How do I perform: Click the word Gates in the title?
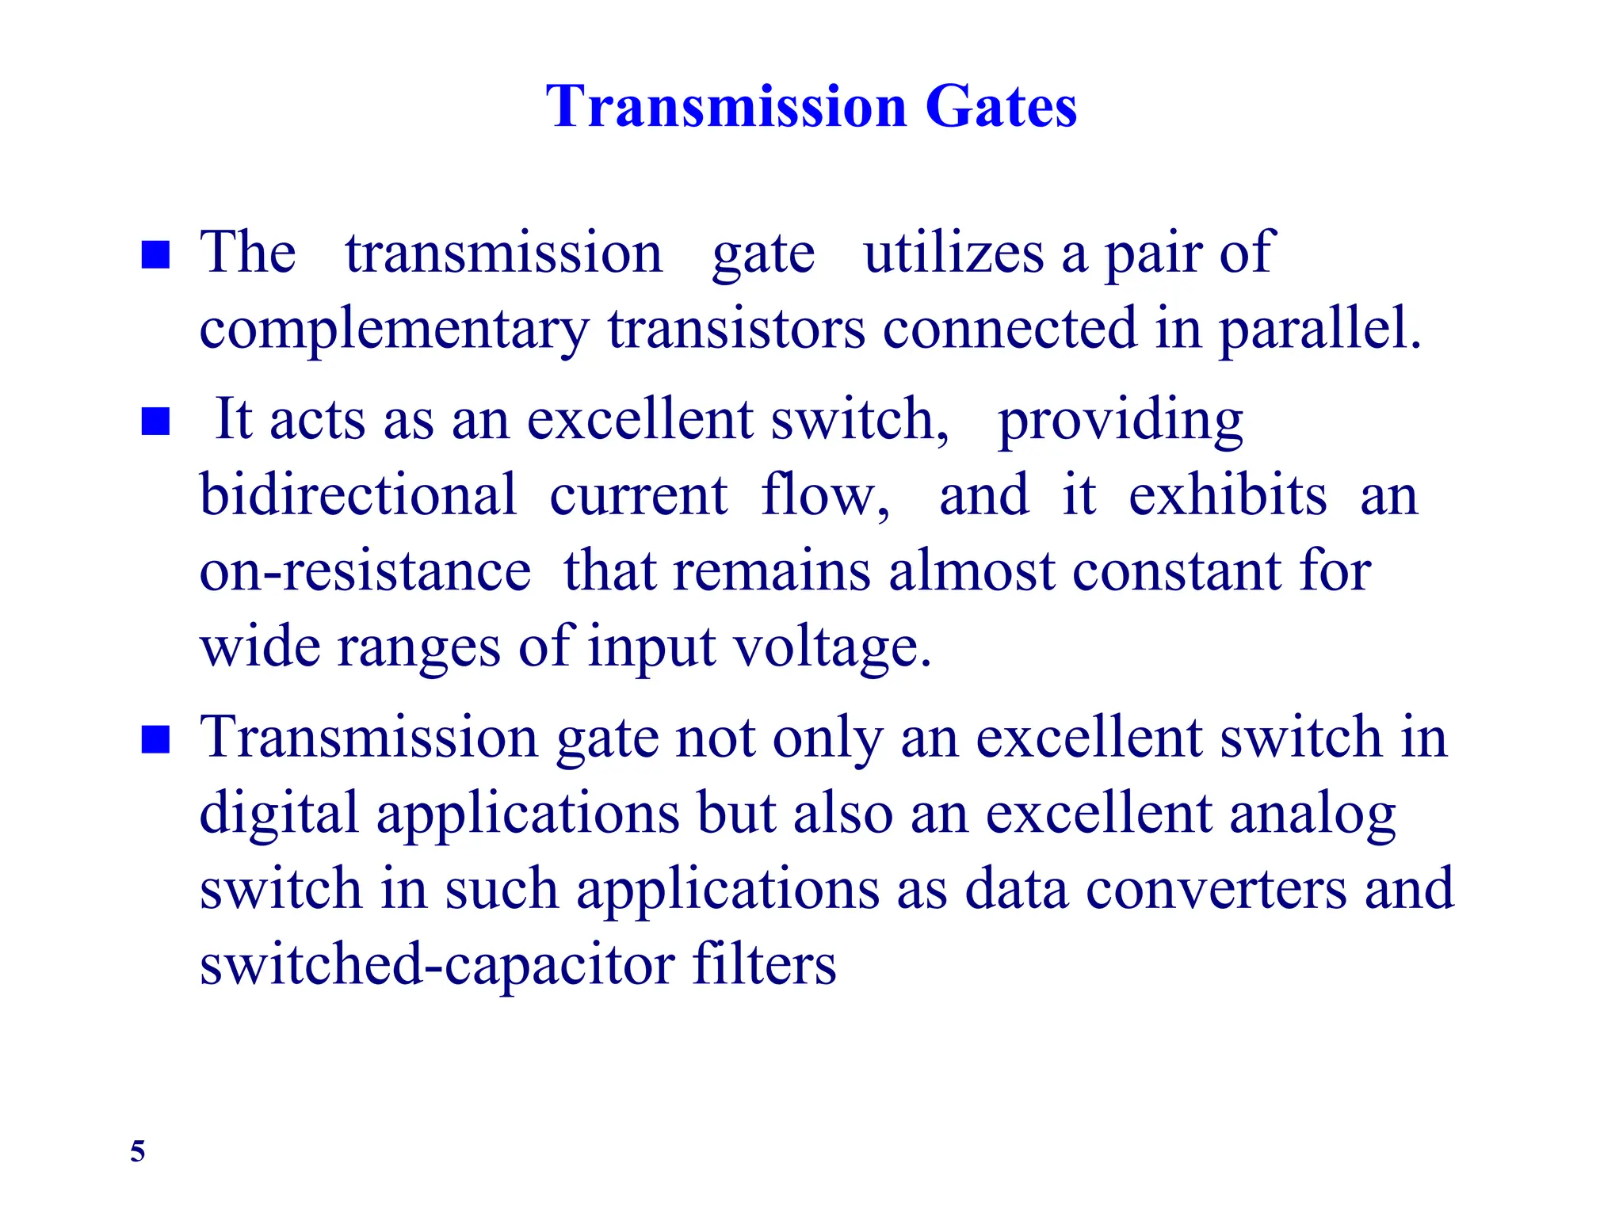click(1001, 106)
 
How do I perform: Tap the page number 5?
click(138, 1150)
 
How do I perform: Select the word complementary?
click(394, 330)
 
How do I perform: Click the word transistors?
click(736, 328)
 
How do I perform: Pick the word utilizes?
click(953, 254)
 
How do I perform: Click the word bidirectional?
click(357, 495)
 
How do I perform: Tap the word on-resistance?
click(365, 570)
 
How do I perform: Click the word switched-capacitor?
click(437, 964)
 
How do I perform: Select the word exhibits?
click(1228, 495)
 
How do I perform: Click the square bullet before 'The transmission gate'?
click(155, 255)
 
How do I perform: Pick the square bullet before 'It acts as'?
click(155, 422)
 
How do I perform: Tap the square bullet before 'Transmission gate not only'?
click(155, 739)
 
